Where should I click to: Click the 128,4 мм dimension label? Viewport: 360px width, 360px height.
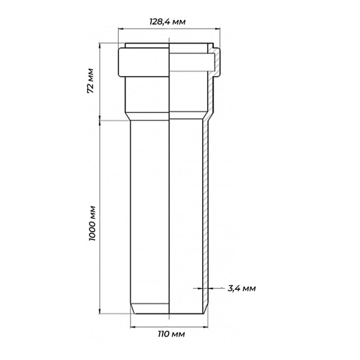point(167,22)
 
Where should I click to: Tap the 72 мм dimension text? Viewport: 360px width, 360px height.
point(91,80)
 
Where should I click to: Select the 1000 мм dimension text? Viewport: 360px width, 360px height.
point(92,223)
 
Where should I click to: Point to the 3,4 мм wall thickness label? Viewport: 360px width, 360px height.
point(242,289)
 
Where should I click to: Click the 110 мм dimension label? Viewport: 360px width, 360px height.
point(171,334)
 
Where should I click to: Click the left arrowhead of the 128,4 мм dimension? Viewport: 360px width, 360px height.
point(121,29)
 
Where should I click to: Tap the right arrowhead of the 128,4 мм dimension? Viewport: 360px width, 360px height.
point(217,29)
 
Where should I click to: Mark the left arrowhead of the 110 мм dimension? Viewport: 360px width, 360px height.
point(133,327)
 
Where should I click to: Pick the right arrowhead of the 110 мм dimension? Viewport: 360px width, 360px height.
point(205,327)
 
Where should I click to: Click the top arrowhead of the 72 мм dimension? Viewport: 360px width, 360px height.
point(100,46)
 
